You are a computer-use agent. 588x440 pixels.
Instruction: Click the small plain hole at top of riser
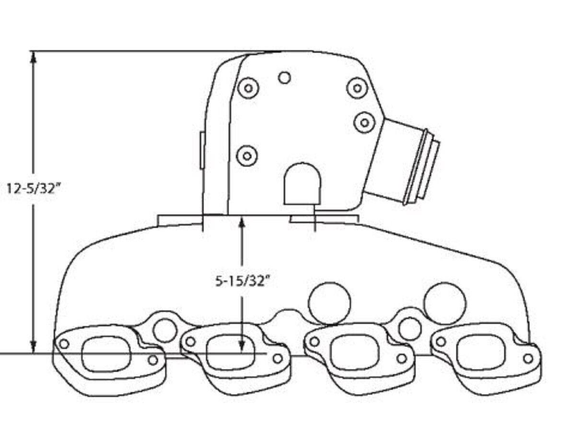284,77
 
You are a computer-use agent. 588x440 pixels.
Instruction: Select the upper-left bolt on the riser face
248,88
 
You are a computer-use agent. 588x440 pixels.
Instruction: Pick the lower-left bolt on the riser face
247,155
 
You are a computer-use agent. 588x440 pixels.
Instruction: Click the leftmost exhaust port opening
107,354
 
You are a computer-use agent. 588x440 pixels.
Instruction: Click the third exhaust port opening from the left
355,354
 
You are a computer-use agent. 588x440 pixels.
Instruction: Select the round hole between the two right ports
410,329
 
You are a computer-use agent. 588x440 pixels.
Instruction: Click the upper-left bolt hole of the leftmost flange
64,344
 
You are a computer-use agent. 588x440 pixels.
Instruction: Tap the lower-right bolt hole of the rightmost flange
528,358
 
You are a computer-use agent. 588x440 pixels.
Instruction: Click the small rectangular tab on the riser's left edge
202,150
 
